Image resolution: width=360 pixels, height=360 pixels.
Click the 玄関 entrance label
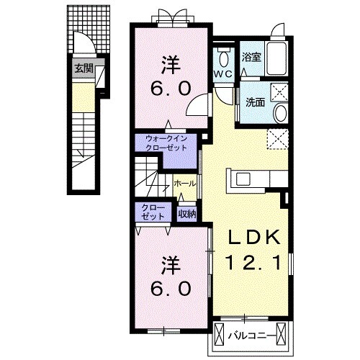pos(84,68)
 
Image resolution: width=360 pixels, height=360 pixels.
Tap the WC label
pos(223,74)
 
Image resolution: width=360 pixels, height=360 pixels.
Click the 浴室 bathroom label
pos(251,58)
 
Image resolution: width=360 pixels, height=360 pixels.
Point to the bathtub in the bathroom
pos(276,59)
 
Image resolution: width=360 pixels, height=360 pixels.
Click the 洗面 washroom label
pos(255,102)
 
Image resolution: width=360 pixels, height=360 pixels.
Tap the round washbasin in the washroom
pos(280,113)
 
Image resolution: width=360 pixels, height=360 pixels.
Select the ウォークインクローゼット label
pos(166,143)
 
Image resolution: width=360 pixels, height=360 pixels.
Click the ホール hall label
pos(184,184)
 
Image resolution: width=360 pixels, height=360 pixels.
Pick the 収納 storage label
pos(186,214)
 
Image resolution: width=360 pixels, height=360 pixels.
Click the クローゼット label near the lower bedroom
pos(153,212)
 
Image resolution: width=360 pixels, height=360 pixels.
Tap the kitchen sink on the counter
pos(243,179)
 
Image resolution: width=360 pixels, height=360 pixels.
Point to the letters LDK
pos(253,237)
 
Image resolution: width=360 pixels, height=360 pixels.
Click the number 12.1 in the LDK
pos(253,262)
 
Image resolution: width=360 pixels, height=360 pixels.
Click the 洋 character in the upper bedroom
pos(171,65)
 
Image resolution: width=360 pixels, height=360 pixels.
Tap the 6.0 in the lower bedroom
pos(171,288)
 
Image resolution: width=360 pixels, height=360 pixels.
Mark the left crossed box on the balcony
pos(219,334)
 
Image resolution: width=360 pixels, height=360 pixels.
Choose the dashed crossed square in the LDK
pos(278,139)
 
